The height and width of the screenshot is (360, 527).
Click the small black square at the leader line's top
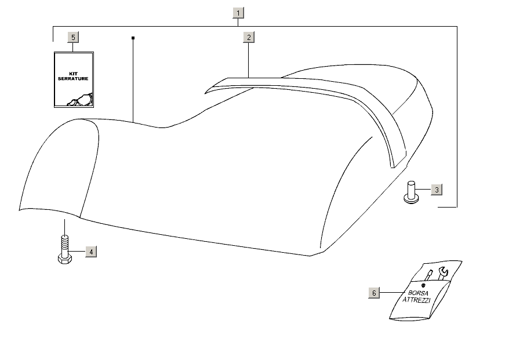click(x=133, y=38)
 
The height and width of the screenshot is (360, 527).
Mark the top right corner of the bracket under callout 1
click(x=457, y=26)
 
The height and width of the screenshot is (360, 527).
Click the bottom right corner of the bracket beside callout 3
click(x=457, y=207)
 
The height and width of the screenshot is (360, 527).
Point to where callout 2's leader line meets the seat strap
click(x=248, y=78)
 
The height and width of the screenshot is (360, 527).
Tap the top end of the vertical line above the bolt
click(x=65, y=220)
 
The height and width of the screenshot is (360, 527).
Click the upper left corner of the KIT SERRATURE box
click(x=54, y=52)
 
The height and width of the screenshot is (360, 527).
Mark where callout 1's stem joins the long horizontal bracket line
click(x=238, y=26)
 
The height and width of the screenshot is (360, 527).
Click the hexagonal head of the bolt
click(x=64, y=259)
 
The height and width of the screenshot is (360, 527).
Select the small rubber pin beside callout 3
click(x=412, y=192)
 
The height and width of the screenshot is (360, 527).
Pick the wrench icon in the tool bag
click(x=444, y=273)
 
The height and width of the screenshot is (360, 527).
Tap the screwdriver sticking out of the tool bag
click(x=428, y=275)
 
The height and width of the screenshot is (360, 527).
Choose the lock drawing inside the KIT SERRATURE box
click(x=80, y=100)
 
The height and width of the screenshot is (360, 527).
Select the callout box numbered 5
click(x=73, y=37)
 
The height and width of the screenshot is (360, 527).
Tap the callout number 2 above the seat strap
click(x=249, y=37)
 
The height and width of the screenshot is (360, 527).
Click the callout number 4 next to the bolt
click(x=91, y=252)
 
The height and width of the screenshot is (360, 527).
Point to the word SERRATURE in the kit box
click(x=73, y=79)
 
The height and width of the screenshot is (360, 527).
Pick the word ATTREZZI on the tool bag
click(x=416, y=300)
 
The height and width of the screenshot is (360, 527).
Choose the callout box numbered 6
click(x=374, y=293)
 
